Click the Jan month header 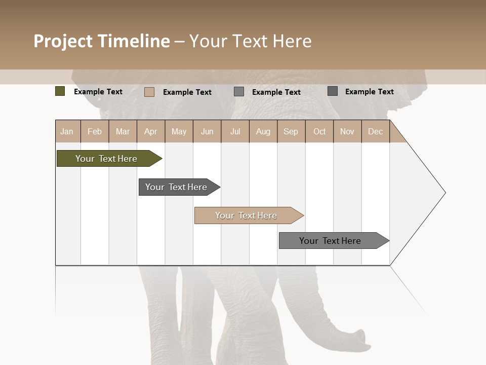(x=67, y=131)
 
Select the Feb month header (x=95, y=131)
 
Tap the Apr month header (x=150, y=131)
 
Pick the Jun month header (x=207, y=131)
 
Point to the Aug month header (x=263, y=131)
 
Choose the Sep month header (x=291, y=131)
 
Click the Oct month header (x=319, y=131)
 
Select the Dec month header (x=375, y=131)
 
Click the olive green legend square (x=60, y=91)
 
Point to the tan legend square (x=149, y=92)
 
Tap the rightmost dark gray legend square (x=333, y=91)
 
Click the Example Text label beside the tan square (x=187, y=92)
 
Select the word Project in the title (x=63, y=41)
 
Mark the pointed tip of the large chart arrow (x=444, y=193)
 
